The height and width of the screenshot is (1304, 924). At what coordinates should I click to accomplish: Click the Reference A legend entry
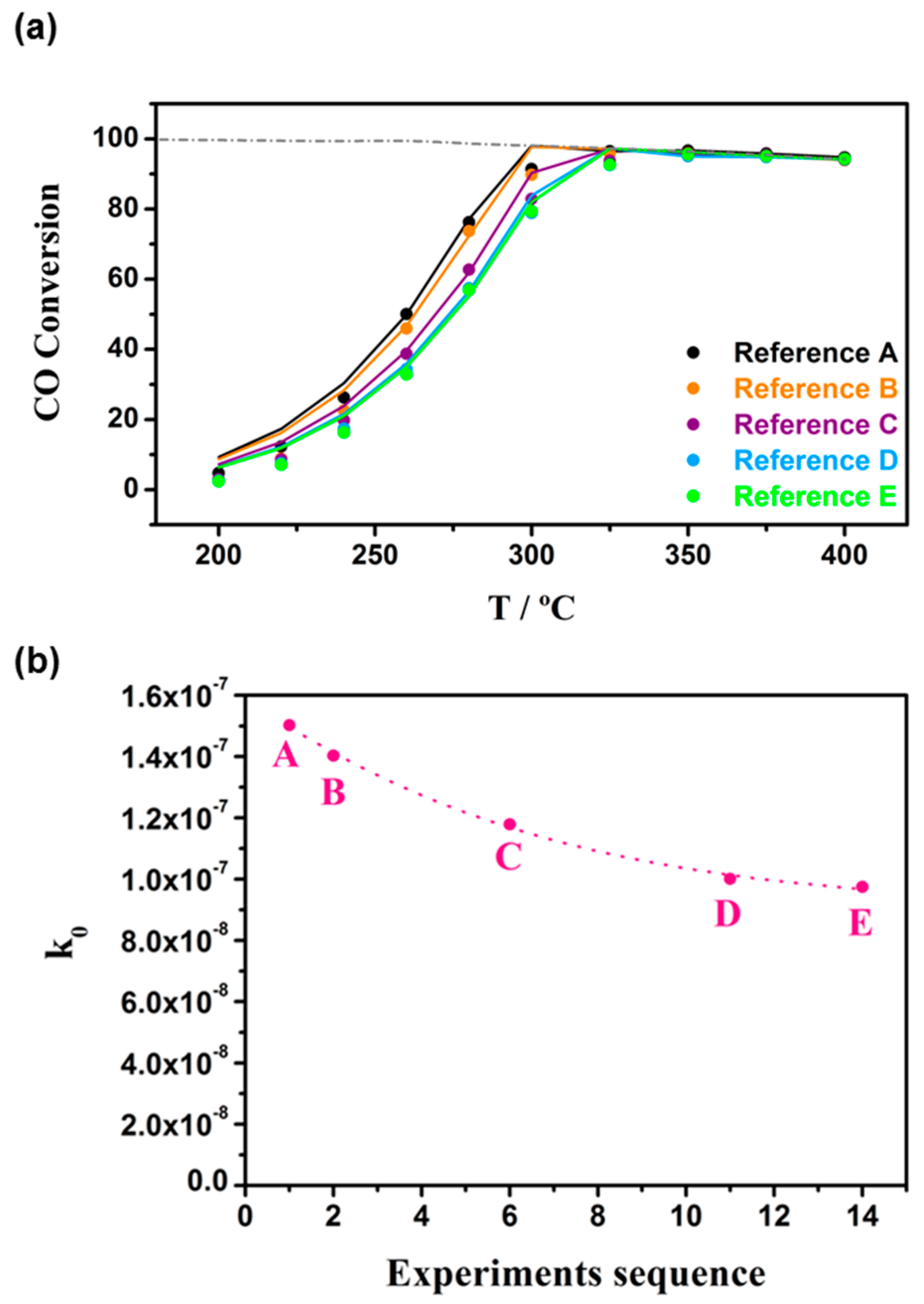coord(815,353)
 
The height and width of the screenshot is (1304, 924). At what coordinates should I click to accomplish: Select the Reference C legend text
coord(815,425)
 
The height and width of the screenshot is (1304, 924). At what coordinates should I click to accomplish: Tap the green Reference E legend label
coord(815,497)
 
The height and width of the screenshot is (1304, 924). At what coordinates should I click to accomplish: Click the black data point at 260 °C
coord(406,314)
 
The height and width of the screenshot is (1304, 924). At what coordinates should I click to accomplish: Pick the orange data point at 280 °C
coord(469,231)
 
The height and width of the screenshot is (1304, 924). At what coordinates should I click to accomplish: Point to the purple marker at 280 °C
coord(469,269)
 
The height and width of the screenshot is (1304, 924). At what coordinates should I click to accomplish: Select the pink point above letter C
coord(510,824)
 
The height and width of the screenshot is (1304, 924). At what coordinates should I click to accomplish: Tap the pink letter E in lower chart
coord(861,923)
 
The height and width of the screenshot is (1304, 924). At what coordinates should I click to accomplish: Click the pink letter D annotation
coord(727,915)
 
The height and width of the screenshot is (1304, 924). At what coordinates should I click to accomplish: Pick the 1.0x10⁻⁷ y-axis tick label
coord(175,879)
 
